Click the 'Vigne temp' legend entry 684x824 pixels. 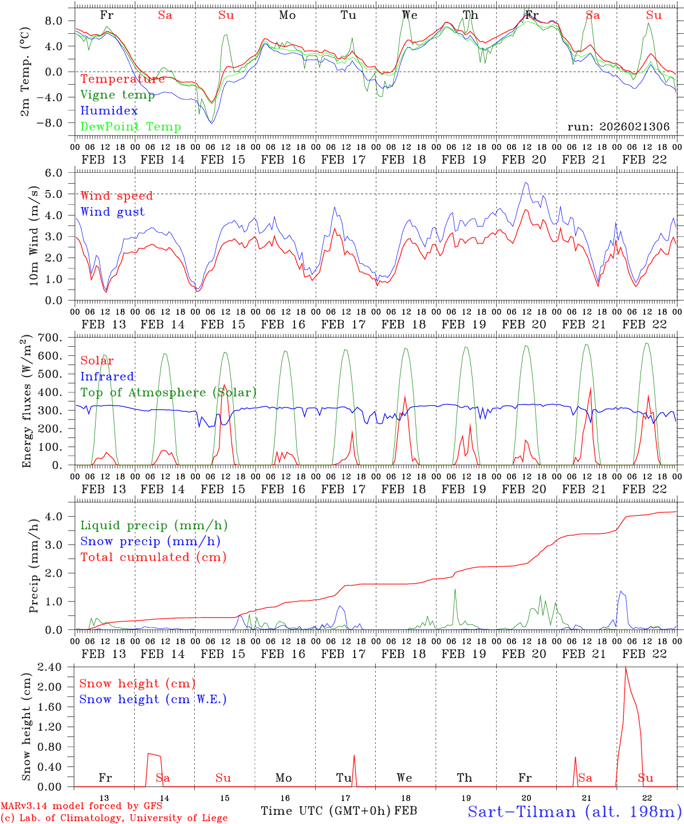pos(117,95)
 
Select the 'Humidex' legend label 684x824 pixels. pos(109,111)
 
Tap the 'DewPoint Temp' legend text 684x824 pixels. pos(131,126)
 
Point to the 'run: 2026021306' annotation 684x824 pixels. pos(618,126)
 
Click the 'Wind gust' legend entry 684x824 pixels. pos(112,212)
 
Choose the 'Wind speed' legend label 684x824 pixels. pos(117,196)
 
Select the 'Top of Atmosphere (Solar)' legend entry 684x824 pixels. pos(168,393)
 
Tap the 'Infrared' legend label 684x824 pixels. pos(107,377)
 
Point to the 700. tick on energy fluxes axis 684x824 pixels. pos(57,338)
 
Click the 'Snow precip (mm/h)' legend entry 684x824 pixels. pos(151,541)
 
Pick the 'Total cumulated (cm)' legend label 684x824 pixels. pos(154,557)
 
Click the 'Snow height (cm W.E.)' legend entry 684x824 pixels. pos(153,699)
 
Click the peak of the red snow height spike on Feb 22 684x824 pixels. pos(626,667)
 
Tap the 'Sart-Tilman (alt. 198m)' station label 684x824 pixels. pos(574,811)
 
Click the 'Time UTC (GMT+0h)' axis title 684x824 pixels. pos(325,811)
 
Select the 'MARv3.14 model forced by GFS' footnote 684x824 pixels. pos(81,806)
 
